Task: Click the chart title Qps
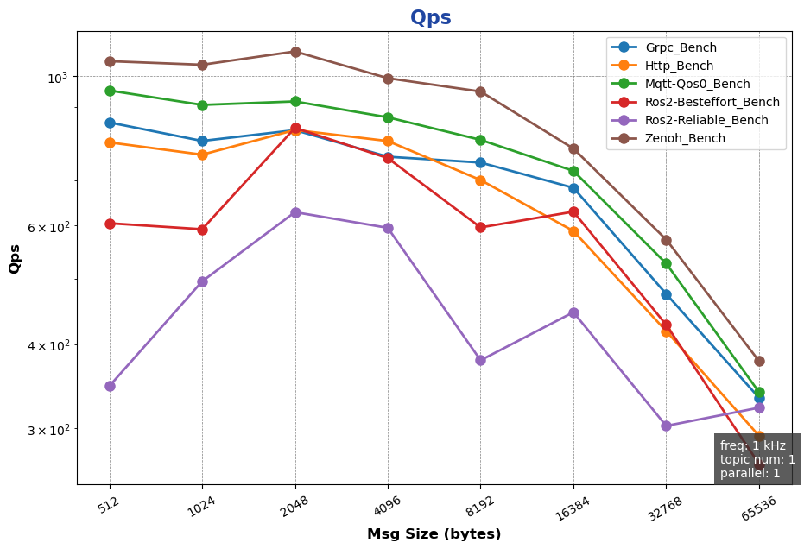(430, 18)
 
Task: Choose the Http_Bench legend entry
(679, 66)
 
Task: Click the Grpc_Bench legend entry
(681, 47)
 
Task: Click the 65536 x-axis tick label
(750, 506)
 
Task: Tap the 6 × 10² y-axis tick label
(50, 227)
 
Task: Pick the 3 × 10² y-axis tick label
(50, 430)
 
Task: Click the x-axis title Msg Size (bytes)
(434, 534)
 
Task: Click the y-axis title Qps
(15, 258)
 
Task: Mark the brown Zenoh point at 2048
(295, 52)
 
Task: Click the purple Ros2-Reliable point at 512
(110, 386)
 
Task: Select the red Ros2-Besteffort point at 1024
(202, 230)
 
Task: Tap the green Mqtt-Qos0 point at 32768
(666, 263)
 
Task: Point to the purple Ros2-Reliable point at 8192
(480, 360)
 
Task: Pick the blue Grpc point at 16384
(573, 188)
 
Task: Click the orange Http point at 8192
(480, 180)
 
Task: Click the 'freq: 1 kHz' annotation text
(752, 445)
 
